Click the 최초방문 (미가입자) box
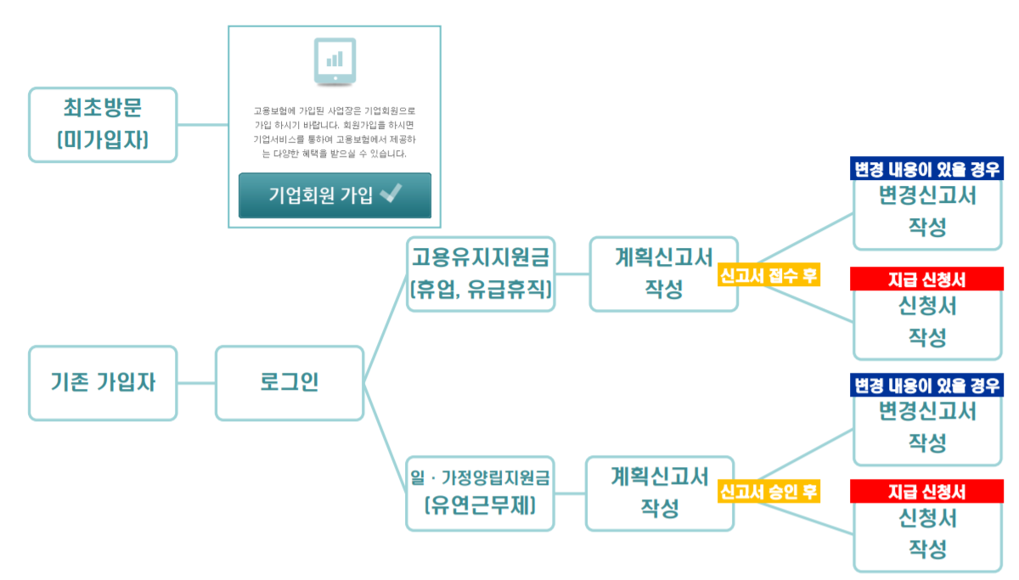pyautogui.click(x=103, y=124)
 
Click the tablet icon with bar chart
pyautogui.click(x=335, y=61)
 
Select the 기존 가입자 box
pyautogui.click(x=103, y=383)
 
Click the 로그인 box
pyautogui.click(x=290, y=383)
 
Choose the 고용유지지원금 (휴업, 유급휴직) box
pyautogui.click(x=481, y=273)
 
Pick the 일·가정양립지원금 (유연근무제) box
pyautogui.click(x=481, y=493)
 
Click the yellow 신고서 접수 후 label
pyautogui.click(x=769, y=276)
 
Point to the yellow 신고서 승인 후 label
pyautogui.click(x=769, y=492)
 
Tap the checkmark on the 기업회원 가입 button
pyautogui.click(x=391, y=194)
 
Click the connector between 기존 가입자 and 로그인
pyautogui.click(x=196, y=383)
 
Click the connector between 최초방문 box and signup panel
pyautogui.click(x=202, y=125)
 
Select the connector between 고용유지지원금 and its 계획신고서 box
pyautogui.click(x=572, y=274)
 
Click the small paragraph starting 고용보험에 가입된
pyautogui.click(x=335, y=132)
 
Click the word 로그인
pyautogui.click(x=290, y=383)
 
